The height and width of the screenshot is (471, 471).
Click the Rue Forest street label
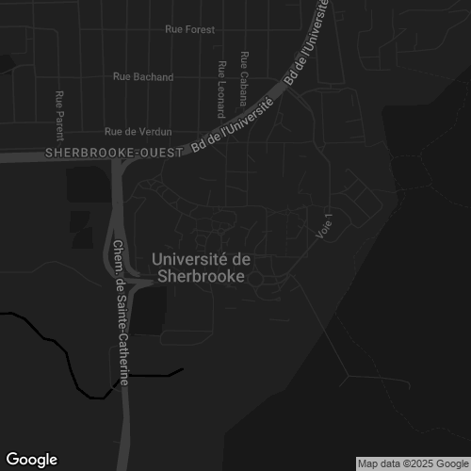point(189,29)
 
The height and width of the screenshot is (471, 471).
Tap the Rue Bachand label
point(142,76)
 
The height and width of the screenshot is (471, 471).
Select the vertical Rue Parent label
point(59,109)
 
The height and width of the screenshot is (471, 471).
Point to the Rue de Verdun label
point(138,131)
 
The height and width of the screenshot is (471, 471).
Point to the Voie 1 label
point(327,225)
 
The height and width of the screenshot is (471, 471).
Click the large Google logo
point(31,460)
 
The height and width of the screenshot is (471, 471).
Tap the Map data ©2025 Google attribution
point(412,463)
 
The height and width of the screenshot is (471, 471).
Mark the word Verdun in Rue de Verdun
point(154,131)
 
